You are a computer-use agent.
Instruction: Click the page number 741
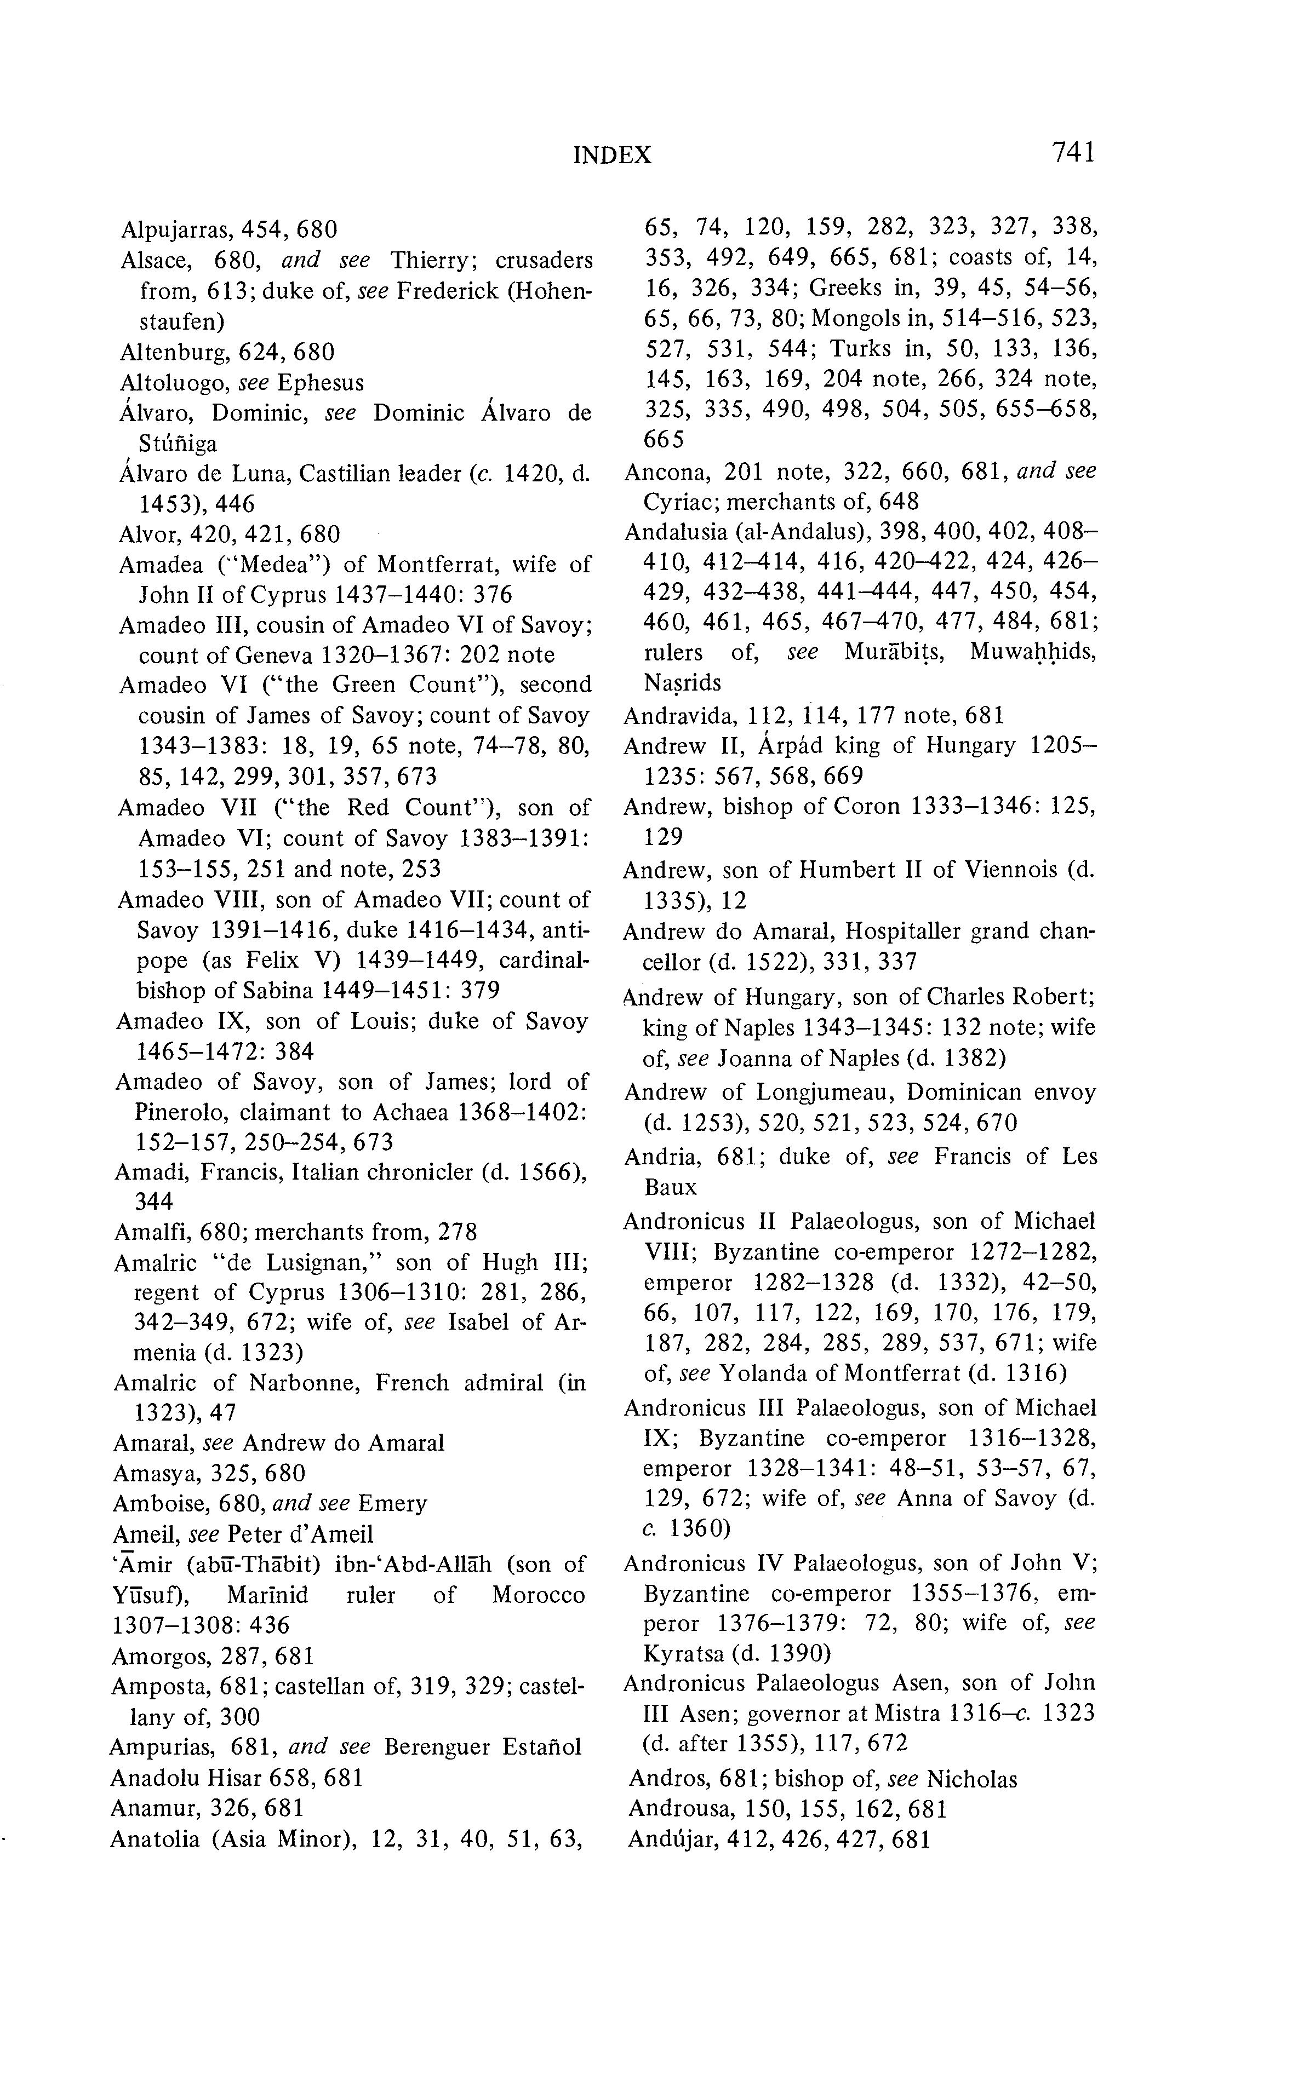click(1073, 153)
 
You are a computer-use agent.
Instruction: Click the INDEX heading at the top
click(612, 156)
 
